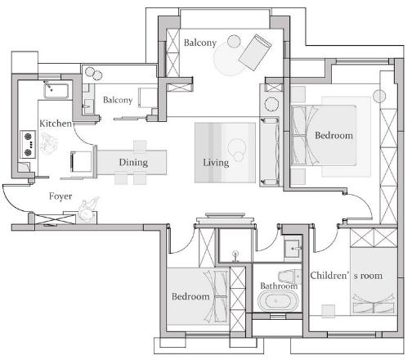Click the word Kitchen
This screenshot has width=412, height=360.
click(x=56, y=124)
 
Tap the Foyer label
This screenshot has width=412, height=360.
click(x=60, y=196)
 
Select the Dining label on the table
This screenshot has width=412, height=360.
click(x=133, y=163)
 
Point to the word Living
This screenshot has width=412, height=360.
click(x=216, y=163)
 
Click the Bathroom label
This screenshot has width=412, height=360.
click(x=279, y=286)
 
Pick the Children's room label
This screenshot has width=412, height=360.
click(x=347, y=276)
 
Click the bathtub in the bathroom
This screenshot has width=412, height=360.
click(x=278, y=301)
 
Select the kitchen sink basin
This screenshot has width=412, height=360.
click(x=56, y=91)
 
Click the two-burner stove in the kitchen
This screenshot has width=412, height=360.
click(x=28, y=144)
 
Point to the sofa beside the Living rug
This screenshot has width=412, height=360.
click(x=270, y=151)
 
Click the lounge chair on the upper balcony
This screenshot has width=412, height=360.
click(x=255, y=52)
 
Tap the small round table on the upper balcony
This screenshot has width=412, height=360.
click(x=234, y=42)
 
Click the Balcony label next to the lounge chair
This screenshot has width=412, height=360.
click(x=200, y=43)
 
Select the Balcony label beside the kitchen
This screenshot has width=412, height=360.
click(x=118, y=100)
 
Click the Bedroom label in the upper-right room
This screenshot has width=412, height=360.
click(x=334, y=136)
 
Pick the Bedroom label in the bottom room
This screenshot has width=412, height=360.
click(x=190, y=296)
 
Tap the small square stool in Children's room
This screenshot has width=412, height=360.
click(x=329, y=311)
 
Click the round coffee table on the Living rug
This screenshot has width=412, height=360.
click(x=236, y=150)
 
